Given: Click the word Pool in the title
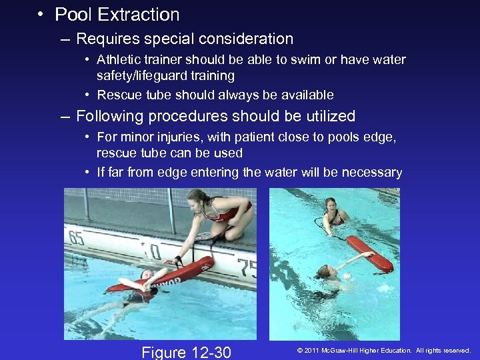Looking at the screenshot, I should coord(71,15).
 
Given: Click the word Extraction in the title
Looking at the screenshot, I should coord(136,15).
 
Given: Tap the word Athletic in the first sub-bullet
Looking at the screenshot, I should coord(119,59).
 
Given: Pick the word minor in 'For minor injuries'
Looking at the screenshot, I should coord(135,137).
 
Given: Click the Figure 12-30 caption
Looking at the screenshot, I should coord(187,351).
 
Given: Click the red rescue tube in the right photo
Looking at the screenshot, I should coord(370,253).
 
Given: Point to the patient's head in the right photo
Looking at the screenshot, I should coord(325,272).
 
